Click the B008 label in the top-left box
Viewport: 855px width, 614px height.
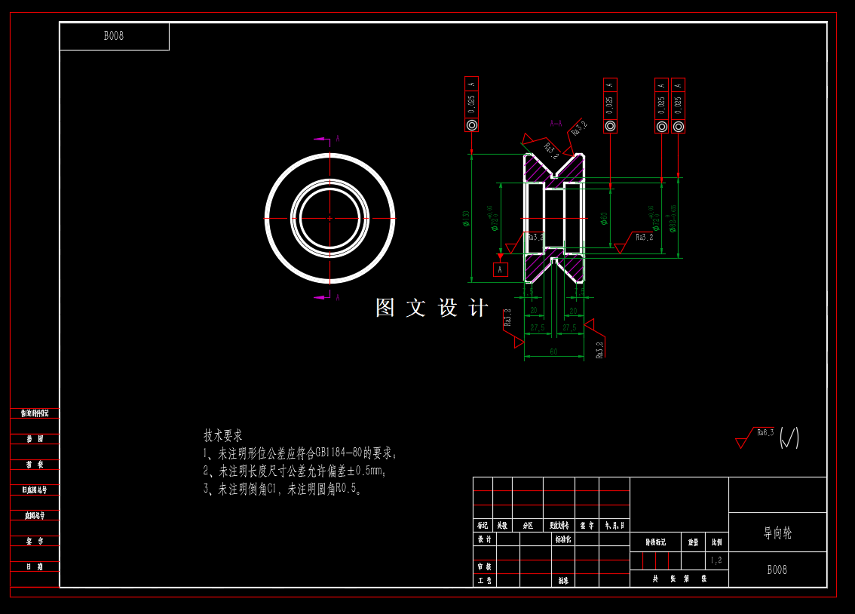click(x=113, y=36)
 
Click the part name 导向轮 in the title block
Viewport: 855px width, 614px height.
click(x=777, y=533)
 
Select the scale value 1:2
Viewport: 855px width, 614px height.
click(x=716, y=560)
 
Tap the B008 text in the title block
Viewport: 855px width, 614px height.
click(x=777, y=570)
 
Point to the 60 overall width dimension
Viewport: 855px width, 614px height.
click(x=553, y=352)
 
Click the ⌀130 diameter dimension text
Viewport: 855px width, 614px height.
click(x=466, y=219)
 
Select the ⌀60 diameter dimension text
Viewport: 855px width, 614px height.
click(x=604, y=219)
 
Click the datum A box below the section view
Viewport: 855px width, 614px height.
click(x=500, y=269)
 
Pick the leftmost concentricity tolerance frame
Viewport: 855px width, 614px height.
click(x=472, y=106)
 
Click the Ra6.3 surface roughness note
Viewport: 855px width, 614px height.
click(x=765, y=432)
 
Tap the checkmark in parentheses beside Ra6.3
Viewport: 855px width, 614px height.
click(x=789, y=437)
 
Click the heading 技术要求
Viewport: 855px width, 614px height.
click(x=223, y=436)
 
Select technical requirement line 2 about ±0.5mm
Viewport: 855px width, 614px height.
click(x=295, y=471)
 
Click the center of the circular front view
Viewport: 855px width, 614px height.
click(x=329, y=218)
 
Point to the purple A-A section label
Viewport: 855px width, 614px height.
click(x=556, y=123)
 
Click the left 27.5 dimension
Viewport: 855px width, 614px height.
click(x=538, y=327)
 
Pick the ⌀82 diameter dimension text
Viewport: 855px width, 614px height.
click(x=673, y=219)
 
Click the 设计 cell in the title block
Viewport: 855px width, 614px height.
click(x=484, y=539)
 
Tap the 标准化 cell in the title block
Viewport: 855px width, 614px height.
click(x=563, y=539)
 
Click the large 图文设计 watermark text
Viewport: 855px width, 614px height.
click(x=432, y=308)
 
